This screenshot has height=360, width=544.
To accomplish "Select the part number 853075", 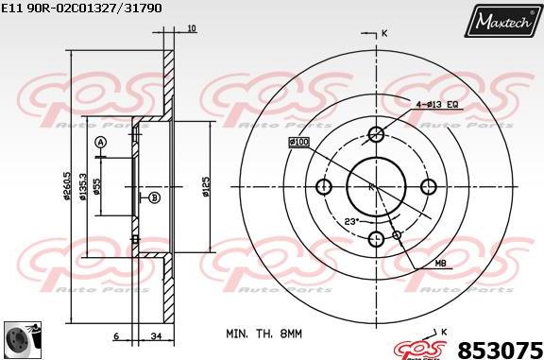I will pos(500,348).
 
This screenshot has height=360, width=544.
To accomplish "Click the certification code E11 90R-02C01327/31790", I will pos(82,8).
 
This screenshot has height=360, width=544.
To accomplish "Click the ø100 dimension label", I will pos(299,142).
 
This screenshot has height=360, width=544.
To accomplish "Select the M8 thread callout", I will pos(440,264).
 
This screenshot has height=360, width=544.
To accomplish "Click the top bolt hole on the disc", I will pos(376,133).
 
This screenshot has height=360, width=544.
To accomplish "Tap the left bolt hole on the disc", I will pos(324,186).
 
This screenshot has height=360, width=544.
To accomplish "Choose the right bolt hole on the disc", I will pos(428,186).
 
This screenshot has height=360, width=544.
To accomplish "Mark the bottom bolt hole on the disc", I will pos(376,238).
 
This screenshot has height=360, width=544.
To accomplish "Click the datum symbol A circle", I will pos(100,142).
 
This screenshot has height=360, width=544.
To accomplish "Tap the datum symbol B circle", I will pos(154,197).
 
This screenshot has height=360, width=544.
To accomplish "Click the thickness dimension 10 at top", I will pos(192,29).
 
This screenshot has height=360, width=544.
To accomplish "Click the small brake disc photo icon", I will pos(22,338).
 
